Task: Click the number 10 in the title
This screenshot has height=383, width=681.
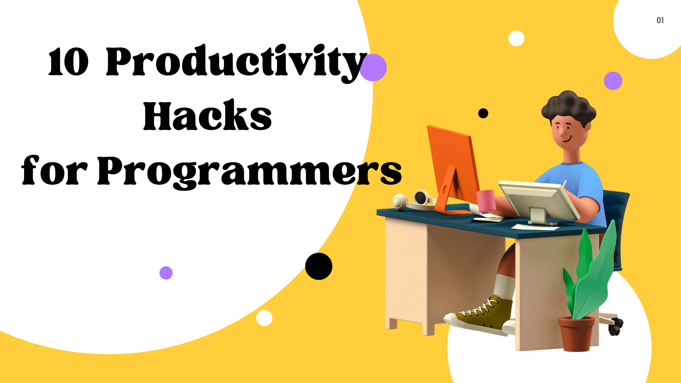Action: pyautogui.click(x=68, y=62)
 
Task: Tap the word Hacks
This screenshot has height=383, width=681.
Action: pyautogui.click(x=207, y=116)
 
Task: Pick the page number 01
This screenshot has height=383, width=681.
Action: pyautogui.click(x=660, y=21)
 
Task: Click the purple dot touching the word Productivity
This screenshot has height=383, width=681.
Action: pyautogui.click(x=373, y=68)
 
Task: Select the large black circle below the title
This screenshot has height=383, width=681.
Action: pyautogui.click(x=319, y=266)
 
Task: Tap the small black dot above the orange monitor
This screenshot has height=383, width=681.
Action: pyautogui.click(x=483, y=113)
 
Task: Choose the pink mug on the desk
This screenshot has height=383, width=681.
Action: pyautogui.click(x=486, y=200)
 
